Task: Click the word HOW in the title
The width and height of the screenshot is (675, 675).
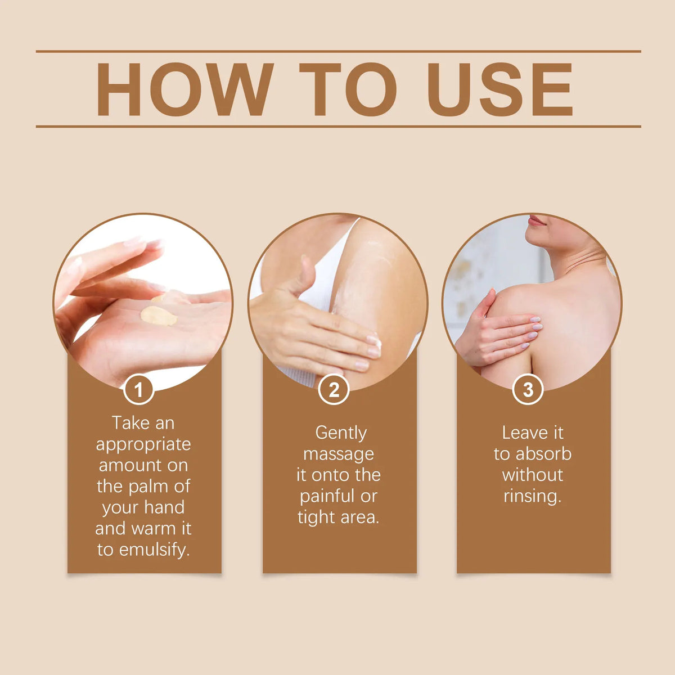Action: [184, 89]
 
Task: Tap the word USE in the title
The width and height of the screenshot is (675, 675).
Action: [499, 89]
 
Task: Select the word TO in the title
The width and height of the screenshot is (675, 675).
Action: [348, 89]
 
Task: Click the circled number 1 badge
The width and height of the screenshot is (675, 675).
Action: [139, 389]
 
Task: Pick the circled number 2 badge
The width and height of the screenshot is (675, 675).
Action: [334, 389]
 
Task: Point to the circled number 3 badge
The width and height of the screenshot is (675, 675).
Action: [528, 389]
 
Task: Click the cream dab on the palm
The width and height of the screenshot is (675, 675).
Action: [159, 316]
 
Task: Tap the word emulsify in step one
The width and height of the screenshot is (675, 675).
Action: [155, 550]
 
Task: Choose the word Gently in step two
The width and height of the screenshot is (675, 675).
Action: [341, 434]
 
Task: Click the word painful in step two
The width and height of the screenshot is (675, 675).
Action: [323, 496]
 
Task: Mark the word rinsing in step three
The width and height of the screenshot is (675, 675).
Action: [533, 497]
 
